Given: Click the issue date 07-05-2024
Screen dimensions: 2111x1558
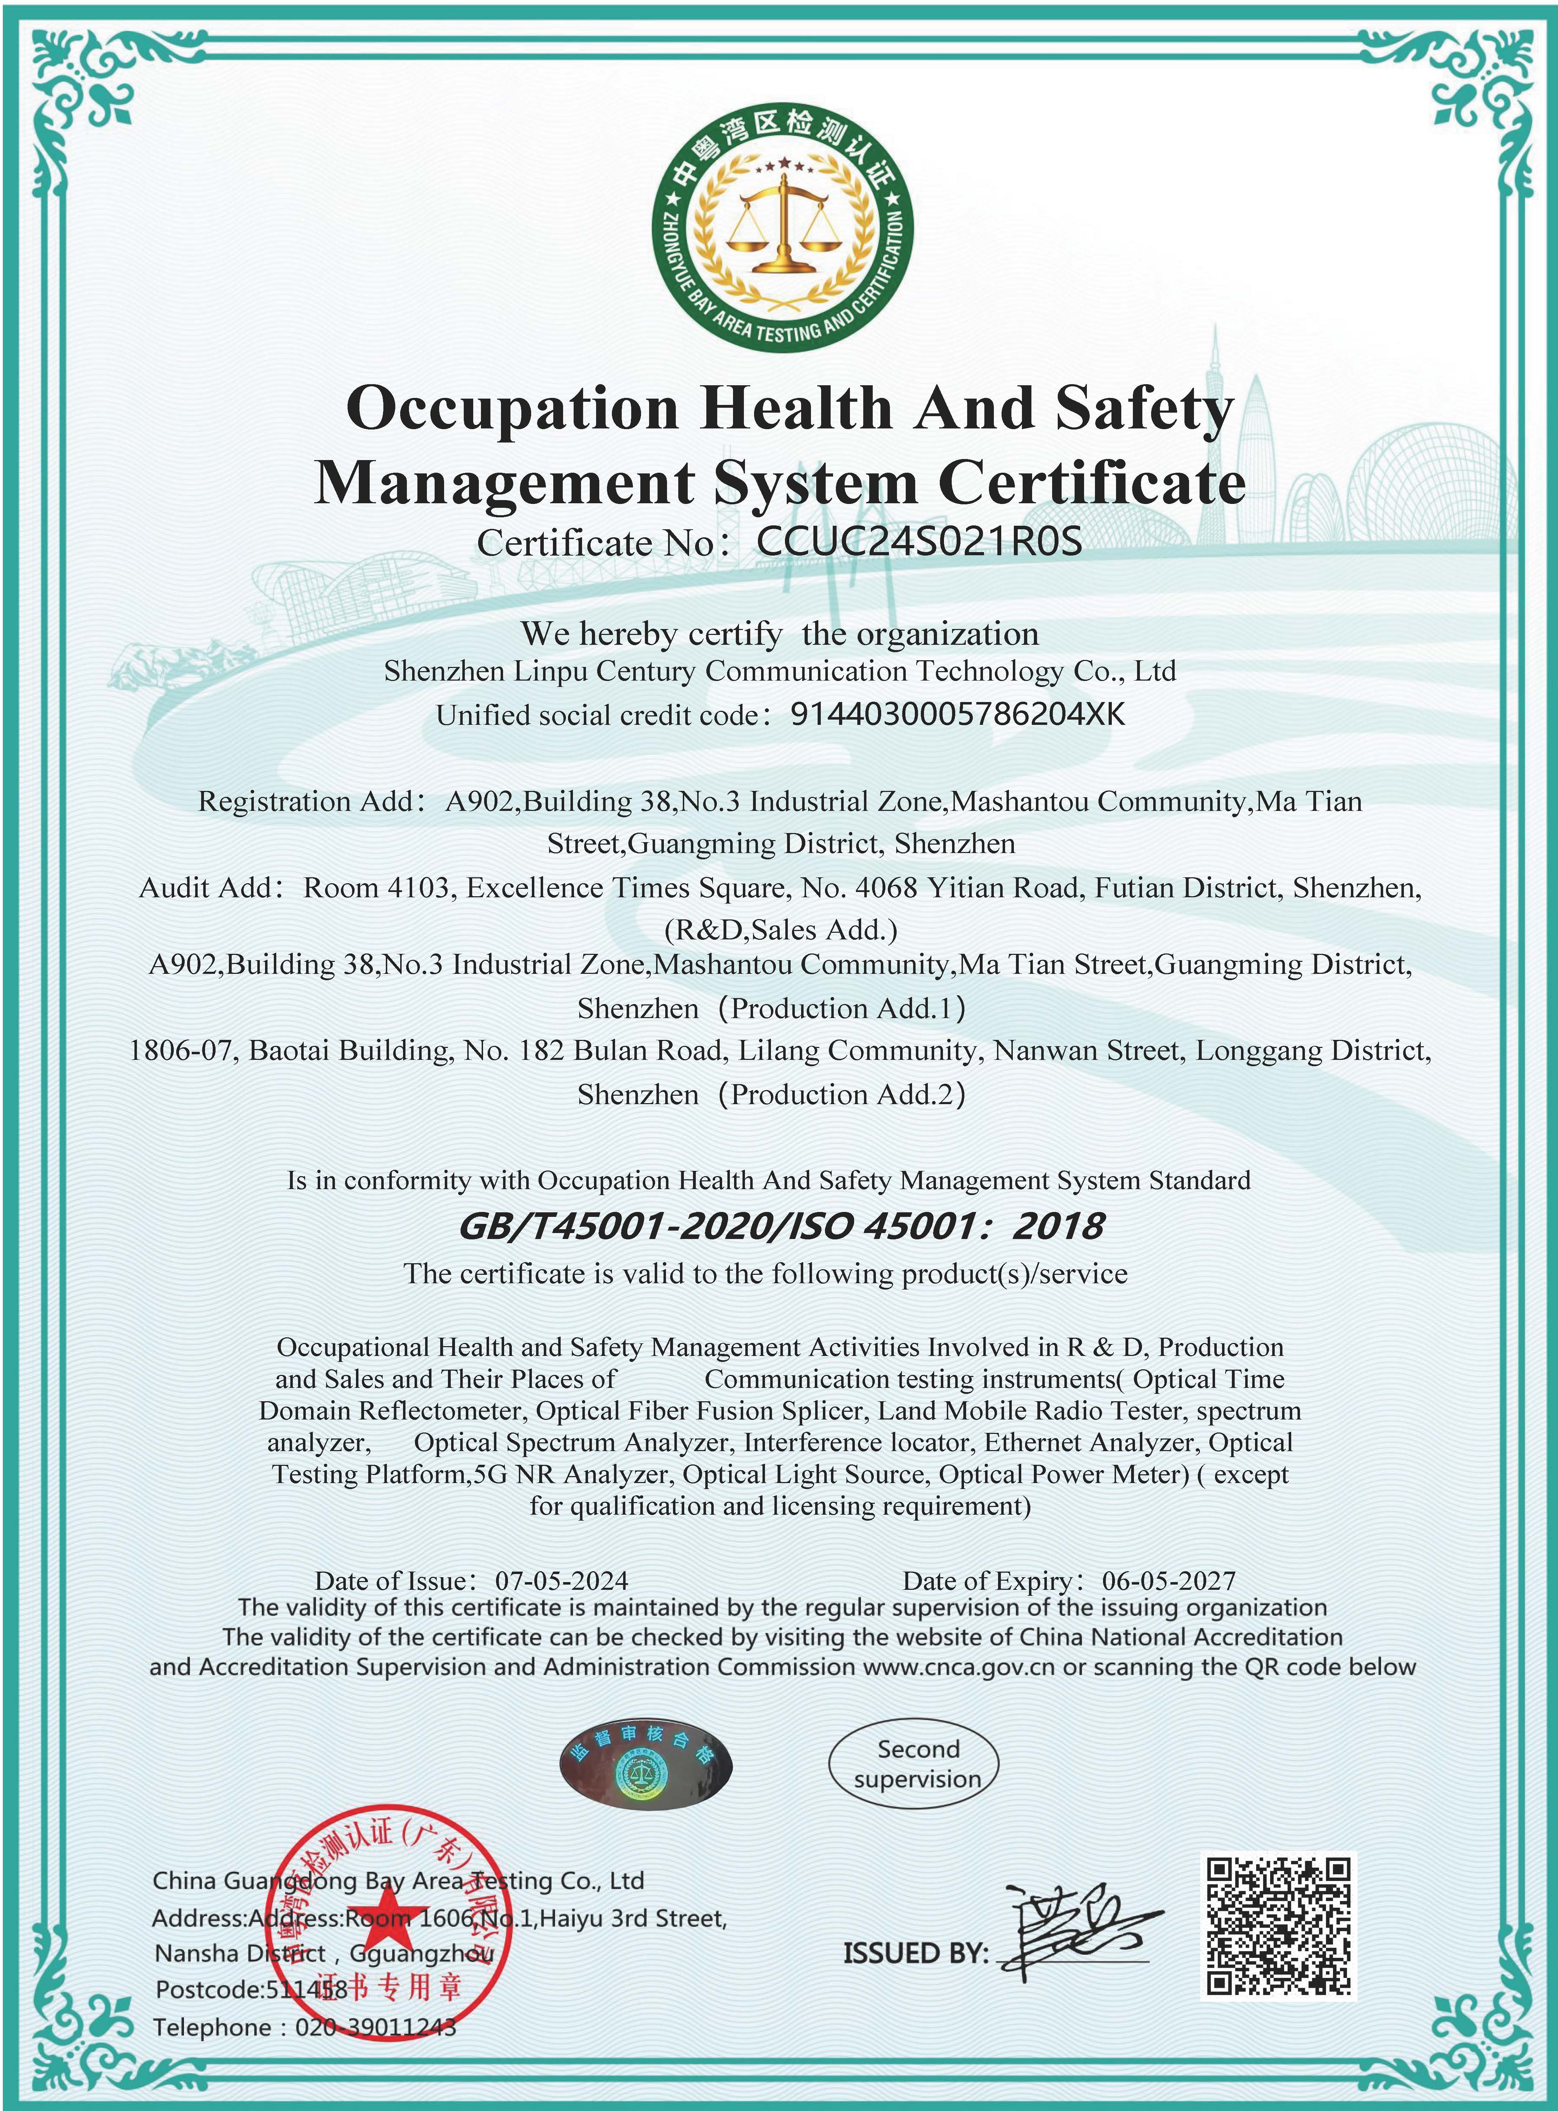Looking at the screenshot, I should tap(561, 1581).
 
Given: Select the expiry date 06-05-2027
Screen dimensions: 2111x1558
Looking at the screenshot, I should tap(1168, 1581).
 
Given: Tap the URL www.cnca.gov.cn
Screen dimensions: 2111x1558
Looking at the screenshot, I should tap(958, 1667).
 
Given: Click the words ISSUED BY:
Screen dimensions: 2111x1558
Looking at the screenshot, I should tap(915, 1953).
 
